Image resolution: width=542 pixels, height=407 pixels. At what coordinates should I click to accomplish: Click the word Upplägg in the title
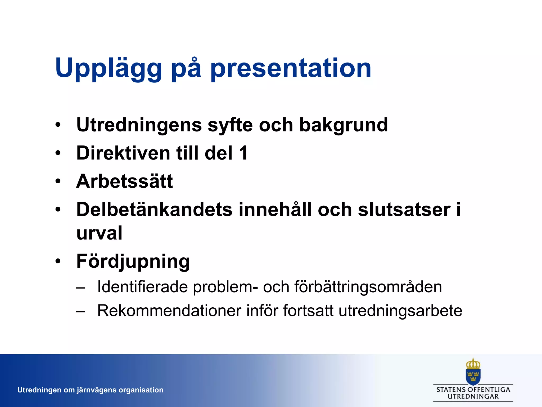point(109,68)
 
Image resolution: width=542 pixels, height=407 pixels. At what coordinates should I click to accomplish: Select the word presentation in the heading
point(291,68)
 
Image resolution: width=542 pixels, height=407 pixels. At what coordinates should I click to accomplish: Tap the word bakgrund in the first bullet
point(343,125)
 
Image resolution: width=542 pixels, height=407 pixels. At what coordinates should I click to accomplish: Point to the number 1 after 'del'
point(243,153)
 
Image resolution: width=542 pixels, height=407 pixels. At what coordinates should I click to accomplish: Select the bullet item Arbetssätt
point(124,181)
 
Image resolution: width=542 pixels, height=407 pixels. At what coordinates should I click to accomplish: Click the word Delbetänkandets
point(154,210)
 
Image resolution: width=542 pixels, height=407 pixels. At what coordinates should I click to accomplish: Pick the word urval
point(99,233)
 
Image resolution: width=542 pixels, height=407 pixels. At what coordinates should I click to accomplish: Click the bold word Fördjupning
point(133,261)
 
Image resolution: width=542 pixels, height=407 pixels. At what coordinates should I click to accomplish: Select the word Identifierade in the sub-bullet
point(142,287)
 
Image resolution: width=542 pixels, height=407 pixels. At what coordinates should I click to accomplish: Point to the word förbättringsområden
point(368,287)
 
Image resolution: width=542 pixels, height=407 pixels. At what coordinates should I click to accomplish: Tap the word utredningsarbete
point(400,311)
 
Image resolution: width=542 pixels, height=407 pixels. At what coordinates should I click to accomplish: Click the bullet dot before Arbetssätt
point(58,181)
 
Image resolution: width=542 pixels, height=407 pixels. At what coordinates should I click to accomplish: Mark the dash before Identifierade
point(80,287)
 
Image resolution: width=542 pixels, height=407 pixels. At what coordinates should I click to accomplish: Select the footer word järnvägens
point(96,390)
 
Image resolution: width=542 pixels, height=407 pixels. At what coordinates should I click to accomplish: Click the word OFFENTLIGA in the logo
point(489,390)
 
